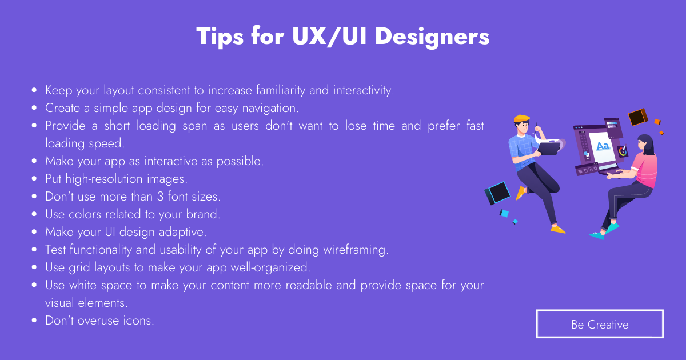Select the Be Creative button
click(600, 324)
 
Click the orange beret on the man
click(521, 119)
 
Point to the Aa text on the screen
click(603, 146)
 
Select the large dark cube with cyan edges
click(497, 193)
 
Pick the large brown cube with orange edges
click(637, 117)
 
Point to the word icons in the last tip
click(138, 321)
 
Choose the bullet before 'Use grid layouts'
click(35, 267)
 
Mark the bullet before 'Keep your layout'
click(35, 90)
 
